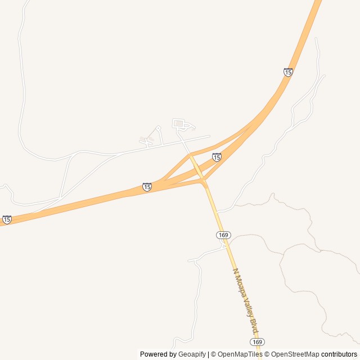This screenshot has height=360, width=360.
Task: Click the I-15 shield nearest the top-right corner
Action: pos(288,72)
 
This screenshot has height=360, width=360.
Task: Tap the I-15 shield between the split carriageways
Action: pos(217,157)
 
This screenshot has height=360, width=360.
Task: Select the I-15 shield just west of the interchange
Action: pos(147,187)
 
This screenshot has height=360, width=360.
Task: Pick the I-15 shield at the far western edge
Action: pos(7,219)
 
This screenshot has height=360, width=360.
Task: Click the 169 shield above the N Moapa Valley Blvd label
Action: pos(223,235)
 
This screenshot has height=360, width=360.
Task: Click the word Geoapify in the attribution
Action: pos(192,354)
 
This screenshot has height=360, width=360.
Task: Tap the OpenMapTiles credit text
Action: pos(240,354)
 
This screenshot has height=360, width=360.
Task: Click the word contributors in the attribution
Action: pos(339,354)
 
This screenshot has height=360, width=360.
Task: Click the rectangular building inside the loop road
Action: pos(178,123)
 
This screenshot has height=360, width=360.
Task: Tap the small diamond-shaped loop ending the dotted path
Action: pos(158,128)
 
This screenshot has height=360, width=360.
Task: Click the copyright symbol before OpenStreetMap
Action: pos(268,354)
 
